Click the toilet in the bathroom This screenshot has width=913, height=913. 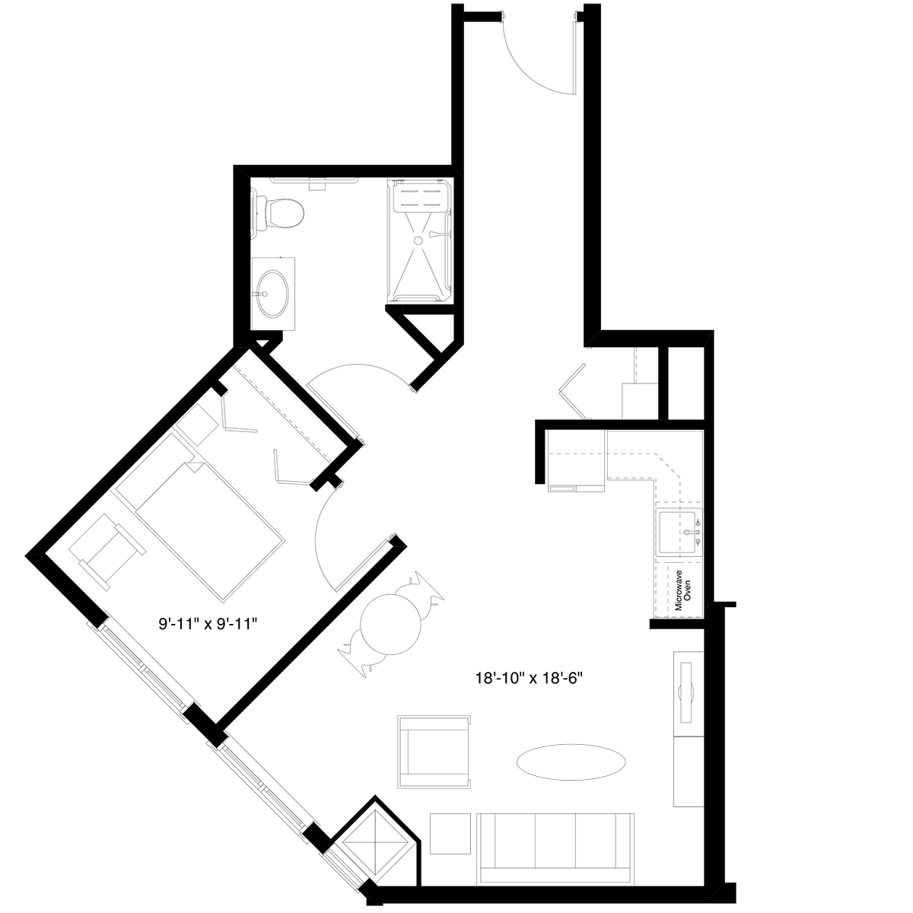pyautogui.click(x=278, y=212)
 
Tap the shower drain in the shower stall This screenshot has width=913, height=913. pyautogui.click(x=418, y=240)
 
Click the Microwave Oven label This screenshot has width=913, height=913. pyautogui.click(x=683, y=590)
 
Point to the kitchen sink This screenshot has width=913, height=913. pyautogui.click(x=679, y=533)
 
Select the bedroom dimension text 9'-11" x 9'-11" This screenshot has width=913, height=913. pyautogui.click(x=208, y=624)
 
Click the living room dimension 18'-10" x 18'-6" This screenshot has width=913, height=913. pyautogui.click(x=528, y=679)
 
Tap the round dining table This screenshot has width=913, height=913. pyautogui.click(x=390, y=624)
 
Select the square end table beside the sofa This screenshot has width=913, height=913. pyautogui.click(x=450, y=834)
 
